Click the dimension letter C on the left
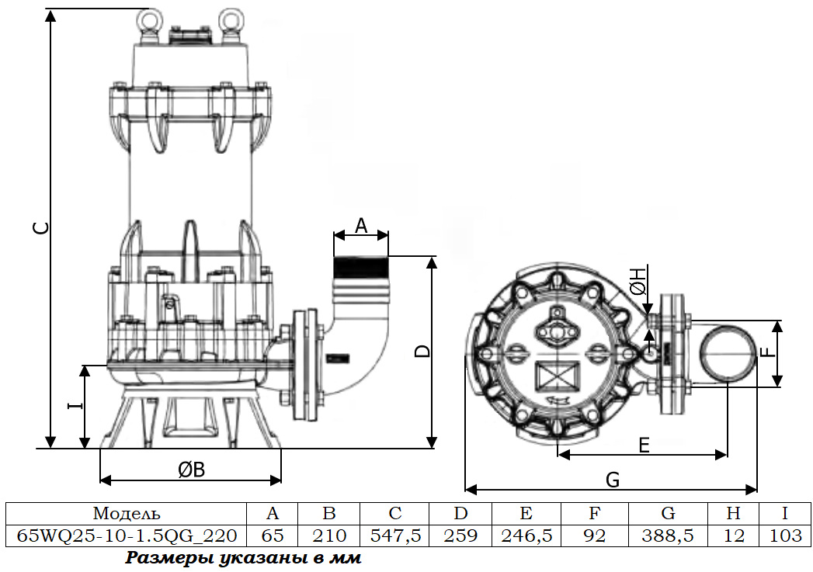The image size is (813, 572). [x=43, y=227]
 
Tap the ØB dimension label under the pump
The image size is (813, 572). [x=191, y=470]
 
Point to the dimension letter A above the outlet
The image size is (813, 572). [x=361, y=226]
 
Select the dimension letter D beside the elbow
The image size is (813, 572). [x=423, y=351]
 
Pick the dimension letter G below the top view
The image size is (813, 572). [x=613, y=480]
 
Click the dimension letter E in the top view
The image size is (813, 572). [x=644, y=445]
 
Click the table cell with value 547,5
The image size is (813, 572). [x=395, y=536]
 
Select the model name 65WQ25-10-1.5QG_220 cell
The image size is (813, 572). [x=127, y=536]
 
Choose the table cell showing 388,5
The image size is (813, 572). [x=667, y=536]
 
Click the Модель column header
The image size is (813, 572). [x=127, y=513]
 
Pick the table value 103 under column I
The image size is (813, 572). [x=786, y=536]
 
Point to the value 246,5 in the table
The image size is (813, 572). [x=526, y=536]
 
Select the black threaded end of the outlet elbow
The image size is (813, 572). [x=361, y=268]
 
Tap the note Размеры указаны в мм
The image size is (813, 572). [x=243, y=559]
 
